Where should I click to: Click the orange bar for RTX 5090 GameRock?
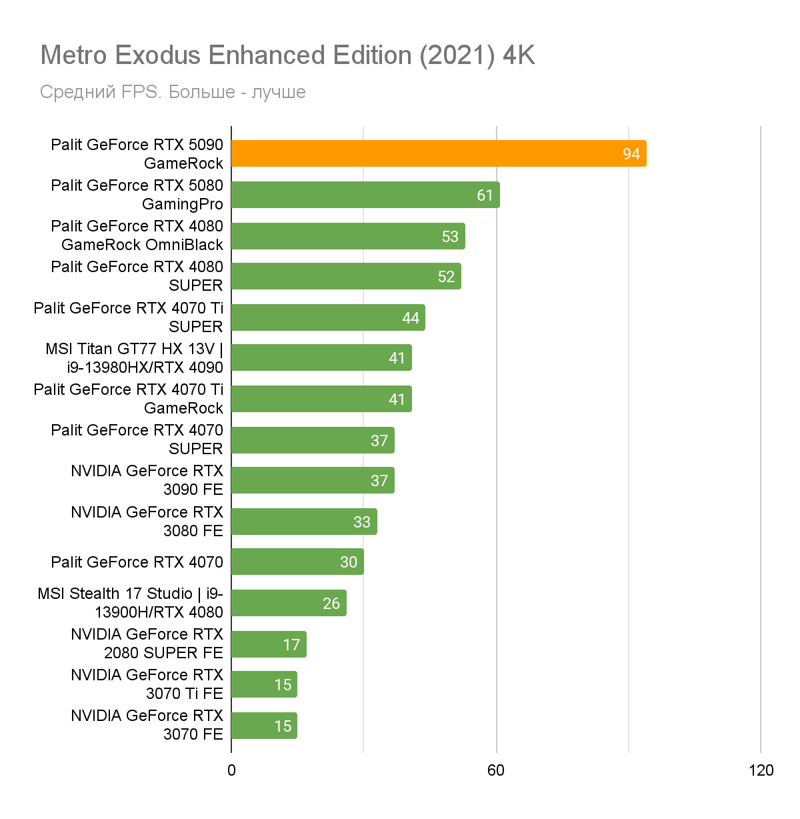click(439, 153)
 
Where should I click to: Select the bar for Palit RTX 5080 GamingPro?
click(365, 195)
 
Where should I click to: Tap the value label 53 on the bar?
click(450, 237)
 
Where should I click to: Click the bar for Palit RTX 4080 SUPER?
click(346, 276)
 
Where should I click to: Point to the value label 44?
click(411, 318)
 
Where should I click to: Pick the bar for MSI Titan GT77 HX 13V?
click(321, 357)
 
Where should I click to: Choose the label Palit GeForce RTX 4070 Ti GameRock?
click(129, 399)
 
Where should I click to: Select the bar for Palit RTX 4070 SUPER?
click(313, 440)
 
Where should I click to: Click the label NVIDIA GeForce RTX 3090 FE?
click(147, 480)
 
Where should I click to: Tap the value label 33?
click(362, 522)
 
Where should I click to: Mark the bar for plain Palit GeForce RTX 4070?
click(297, 562)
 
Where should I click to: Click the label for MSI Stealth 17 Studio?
click(131, 603)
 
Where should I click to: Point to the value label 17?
click(291, 645)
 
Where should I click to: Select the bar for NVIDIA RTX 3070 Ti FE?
click(264, 684)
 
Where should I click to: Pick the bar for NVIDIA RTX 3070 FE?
click(264, 726)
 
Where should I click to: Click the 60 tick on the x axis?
click(496, 771)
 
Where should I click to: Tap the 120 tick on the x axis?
click(761, 771)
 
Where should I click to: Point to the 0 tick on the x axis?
click(231, 771)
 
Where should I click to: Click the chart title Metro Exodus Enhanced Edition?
click(287, 55)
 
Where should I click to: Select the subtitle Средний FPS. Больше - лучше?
click(173, 92)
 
